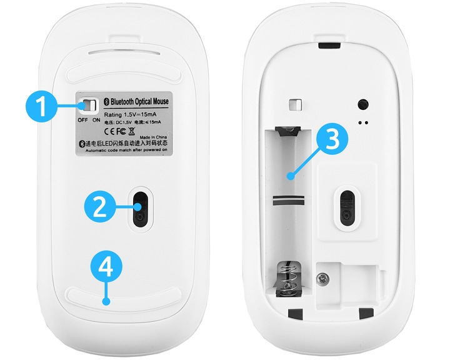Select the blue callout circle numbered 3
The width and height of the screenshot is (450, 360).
point(332,139)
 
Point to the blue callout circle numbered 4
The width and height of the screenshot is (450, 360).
point(105,268)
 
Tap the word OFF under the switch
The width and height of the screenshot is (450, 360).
point(83,120)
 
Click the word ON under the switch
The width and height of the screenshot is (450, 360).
point(97,120)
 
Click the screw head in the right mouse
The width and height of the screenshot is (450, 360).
point(325,277)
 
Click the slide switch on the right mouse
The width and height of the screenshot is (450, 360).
point(294,104)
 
